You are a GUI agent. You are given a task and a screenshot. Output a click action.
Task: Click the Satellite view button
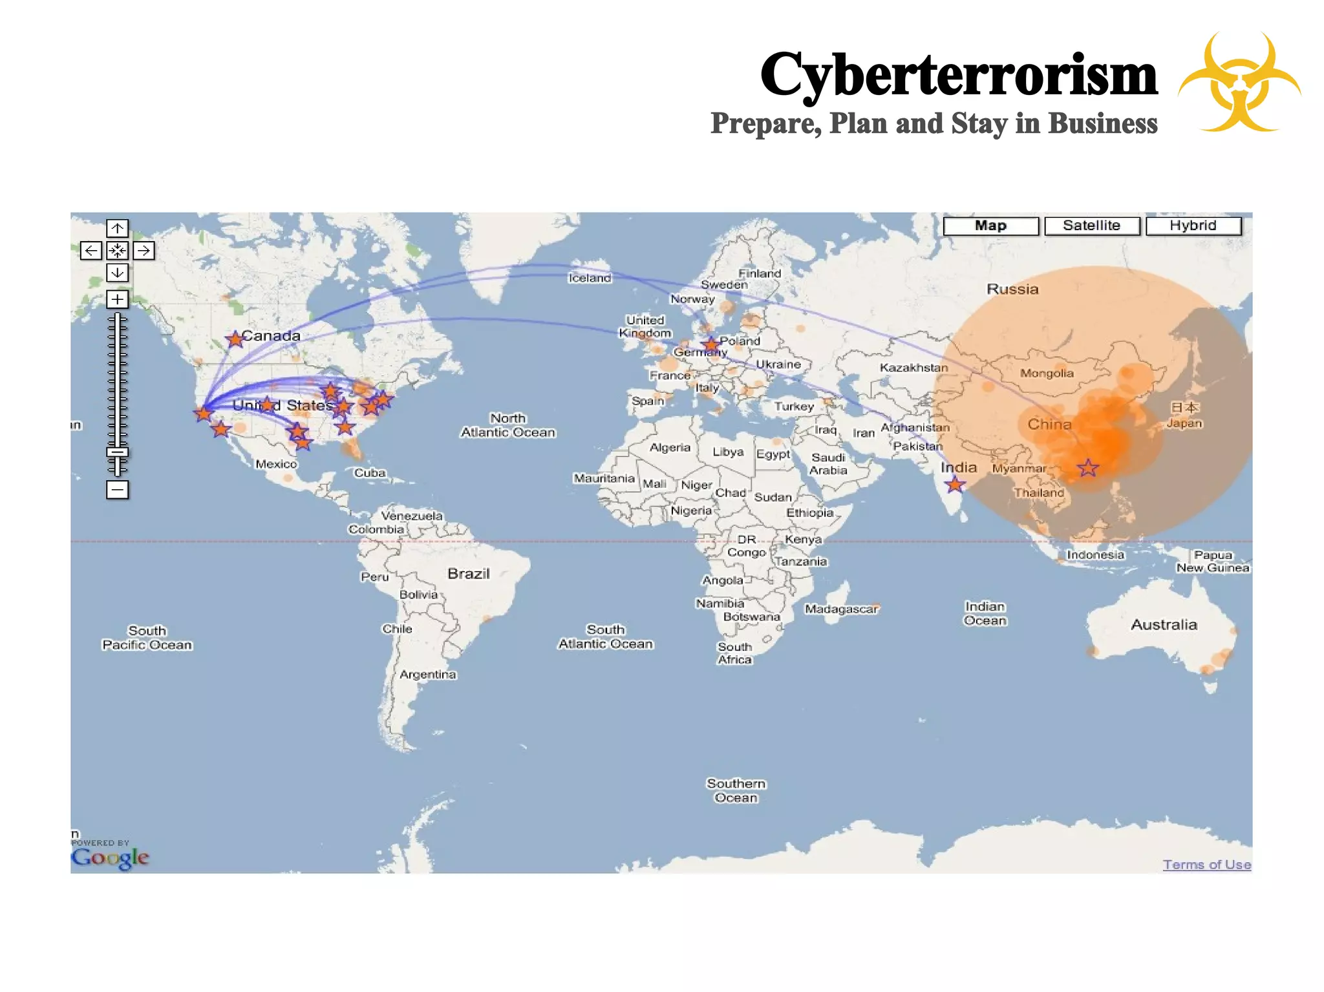[x=1091, y=226]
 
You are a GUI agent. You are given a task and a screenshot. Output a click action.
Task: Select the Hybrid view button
[x=1193, y=226]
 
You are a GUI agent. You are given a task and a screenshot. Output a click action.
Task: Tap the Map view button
[x=990, y=226]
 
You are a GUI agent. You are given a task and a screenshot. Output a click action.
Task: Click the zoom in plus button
[x=117, y=299]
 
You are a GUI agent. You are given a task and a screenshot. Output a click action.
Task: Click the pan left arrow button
[x=91, y=251]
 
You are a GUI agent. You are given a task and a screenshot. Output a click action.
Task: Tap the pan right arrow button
[x=144, y=251]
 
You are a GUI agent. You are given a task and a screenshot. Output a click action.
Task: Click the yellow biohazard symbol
[x=1239, y=83]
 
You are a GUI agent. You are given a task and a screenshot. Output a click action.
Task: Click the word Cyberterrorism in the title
[x=958, y=74]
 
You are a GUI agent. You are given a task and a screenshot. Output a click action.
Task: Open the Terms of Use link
[x=1206, y=865]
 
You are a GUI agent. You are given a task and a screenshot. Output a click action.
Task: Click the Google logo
[x=110, y=858]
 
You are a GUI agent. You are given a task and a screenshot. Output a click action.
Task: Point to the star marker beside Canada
[x=235, y=339]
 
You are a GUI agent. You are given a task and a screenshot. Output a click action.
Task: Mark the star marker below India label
[x=955, y=484]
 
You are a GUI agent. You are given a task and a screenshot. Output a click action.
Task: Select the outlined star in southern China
[x=1088, y=468]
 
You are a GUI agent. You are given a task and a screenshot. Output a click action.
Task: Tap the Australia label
[x=1164, y=625]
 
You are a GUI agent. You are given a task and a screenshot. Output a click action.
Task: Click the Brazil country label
[x=469, y=574]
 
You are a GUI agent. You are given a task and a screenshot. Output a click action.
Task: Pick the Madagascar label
[x=841, y=609]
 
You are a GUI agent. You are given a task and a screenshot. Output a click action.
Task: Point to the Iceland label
[x=590, y=278]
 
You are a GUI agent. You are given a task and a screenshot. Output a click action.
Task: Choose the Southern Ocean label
[x=736, y=790]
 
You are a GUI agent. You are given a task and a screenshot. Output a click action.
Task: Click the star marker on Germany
[x=711, y=344]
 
